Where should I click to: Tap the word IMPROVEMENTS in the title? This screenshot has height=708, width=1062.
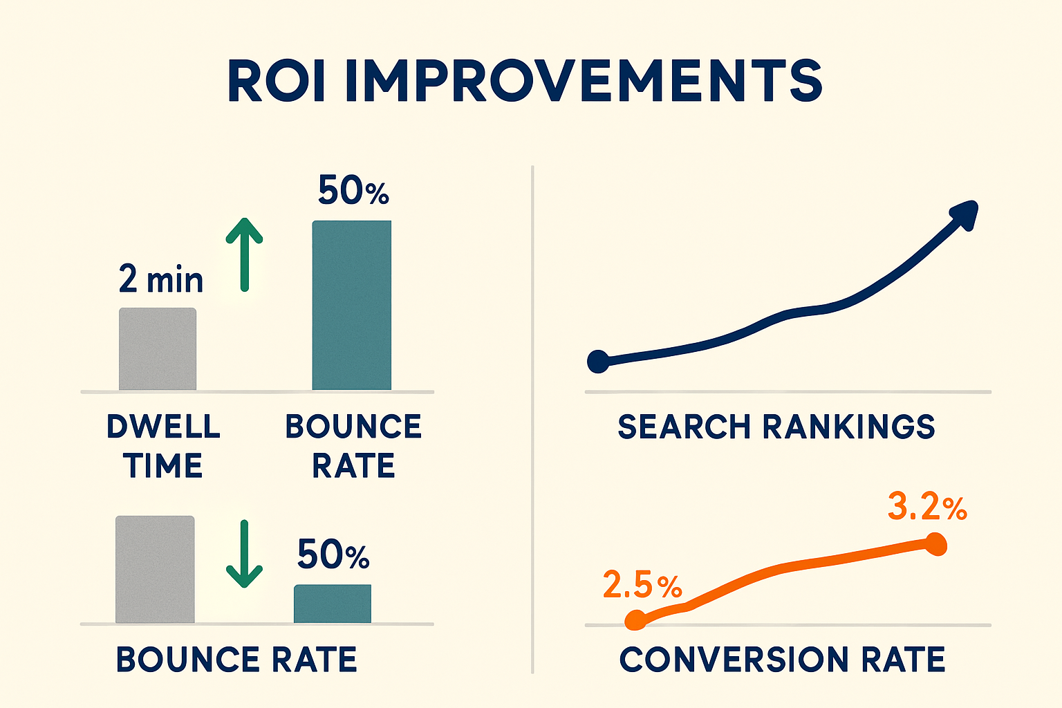tap(583, 81)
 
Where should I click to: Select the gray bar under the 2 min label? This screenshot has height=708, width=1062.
tap(158, 349)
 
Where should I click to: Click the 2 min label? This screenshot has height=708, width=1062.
tap(161, 279)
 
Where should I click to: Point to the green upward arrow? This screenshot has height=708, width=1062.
tap(244, 254)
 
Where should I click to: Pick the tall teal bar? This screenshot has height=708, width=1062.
tap(351, 305)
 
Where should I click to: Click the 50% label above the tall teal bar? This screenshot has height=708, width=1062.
tap(353, 191)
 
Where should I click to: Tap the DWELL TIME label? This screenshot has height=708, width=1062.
tap(163, 446)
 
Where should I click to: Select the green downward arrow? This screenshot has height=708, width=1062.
tap(244, 554)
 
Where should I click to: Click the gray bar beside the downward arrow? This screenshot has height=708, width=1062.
tap(155, 569)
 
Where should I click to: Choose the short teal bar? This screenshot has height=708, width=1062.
tap(333, 604)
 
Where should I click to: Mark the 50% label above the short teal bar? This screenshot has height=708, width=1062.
tap(333, 555)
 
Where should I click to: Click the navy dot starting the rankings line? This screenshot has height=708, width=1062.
tap(598, 361)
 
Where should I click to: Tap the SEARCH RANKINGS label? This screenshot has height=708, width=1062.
tap(776, 427)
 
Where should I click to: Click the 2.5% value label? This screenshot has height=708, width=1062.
tap(642, 585)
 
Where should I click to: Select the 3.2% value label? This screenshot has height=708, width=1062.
tap(926, 507)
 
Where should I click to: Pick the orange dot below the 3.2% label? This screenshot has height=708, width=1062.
tap(935, 544)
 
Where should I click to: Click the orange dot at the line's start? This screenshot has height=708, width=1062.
tap(635, 621)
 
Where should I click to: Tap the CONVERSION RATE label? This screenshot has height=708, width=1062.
tap(782, 660)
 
